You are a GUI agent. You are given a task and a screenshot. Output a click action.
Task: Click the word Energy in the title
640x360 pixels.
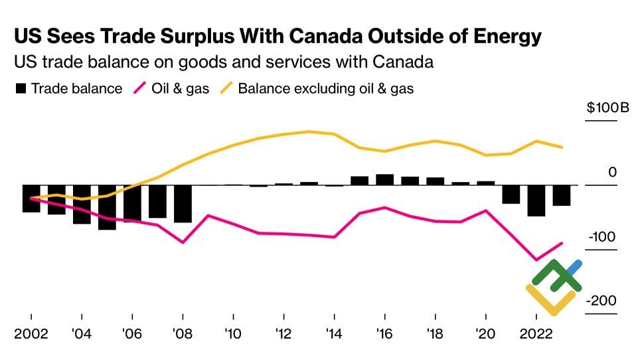click(503, 37)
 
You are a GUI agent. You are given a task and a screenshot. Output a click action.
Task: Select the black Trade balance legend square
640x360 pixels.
click(21, 88)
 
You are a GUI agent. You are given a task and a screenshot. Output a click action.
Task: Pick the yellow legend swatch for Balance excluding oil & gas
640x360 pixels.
click(227, 88)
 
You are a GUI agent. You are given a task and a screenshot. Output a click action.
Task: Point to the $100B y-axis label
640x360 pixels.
click(607, 108)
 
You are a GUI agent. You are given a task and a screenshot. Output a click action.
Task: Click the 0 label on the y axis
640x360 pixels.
click(612, 173)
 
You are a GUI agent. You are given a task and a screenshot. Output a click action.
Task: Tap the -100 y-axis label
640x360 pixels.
click(603, 237)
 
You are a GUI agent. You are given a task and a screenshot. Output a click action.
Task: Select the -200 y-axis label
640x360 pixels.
click(602, 301)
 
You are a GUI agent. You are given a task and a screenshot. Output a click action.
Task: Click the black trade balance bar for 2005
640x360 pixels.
click(107, 207)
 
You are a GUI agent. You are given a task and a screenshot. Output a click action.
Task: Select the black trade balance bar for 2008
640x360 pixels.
click(183, 203)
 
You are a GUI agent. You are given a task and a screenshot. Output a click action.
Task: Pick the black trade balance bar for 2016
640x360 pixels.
click(384, 179)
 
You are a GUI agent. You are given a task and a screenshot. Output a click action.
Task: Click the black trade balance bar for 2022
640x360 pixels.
click(536, 200)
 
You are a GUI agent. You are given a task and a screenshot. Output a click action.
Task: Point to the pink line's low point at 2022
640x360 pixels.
click(536, 260)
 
